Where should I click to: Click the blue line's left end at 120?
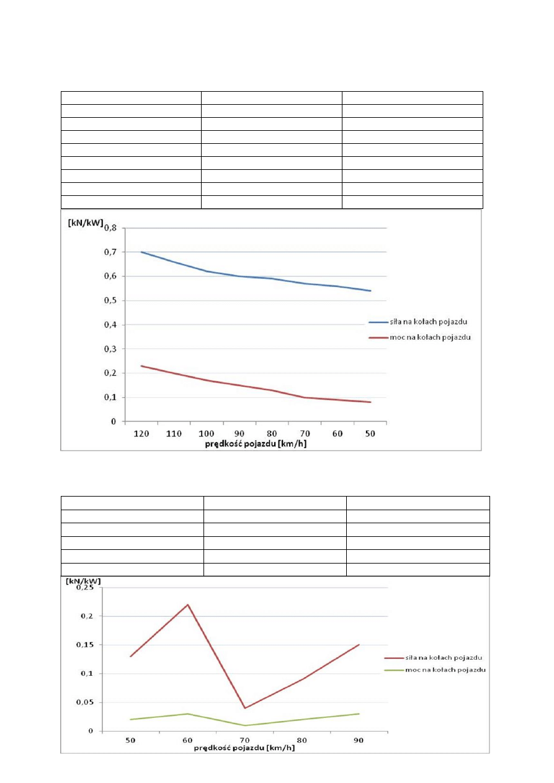pos(142,252)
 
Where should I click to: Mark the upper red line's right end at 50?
pos(370,402)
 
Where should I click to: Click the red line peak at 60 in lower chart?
pos(187,604)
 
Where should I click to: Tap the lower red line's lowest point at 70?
pos(244,708)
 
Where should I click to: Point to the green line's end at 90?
pos(359,714)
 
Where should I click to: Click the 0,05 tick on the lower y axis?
pos(85,702)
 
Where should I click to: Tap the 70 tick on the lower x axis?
pos(244,741)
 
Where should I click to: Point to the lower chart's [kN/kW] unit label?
pos(84,581)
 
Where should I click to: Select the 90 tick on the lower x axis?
pos(359,741)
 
